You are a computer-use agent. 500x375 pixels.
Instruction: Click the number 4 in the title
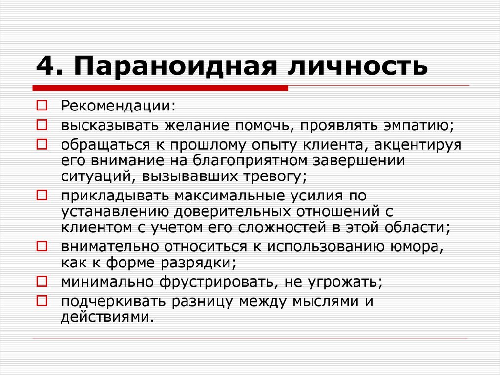click(45, 66)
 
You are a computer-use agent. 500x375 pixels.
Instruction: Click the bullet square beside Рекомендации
click(42, 105)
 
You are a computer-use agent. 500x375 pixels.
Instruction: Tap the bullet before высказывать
click(42, 125)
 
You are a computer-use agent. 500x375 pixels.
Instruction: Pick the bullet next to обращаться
click(42, 144)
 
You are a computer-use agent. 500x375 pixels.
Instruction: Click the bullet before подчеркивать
click(42, 300)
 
